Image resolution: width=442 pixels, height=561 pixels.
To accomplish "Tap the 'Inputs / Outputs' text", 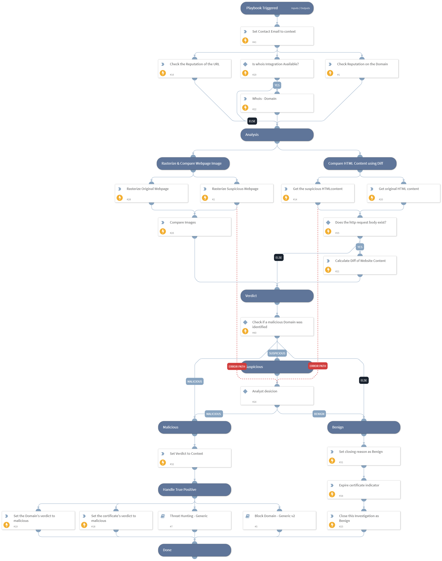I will click(x=300, y=8).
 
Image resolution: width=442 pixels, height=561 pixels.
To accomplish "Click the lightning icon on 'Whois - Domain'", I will click(x=245, y=107).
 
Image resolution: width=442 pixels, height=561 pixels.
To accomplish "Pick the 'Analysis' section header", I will click(x=277, y=135).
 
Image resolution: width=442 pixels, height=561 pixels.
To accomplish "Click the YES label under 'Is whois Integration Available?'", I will click(x=277, y=85).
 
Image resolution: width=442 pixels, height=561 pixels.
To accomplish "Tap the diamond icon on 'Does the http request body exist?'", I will click(x=328, y=222).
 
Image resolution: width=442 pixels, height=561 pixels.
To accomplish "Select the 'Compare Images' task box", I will click(x=195, y=227).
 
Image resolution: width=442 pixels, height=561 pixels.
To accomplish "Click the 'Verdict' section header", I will click(x=277, y=296).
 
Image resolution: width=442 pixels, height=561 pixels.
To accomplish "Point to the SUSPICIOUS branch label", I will click(x=277, y=353).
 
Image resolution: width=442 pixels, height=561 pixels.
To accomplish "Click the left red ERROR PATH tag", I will click(x=236, y=366).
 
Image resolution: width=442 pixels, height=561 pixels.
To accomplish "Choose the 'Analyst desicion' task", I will click(x=277, y=396).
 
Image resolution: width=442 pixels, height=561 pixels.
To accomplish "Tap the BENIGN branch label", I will click(x=319, y=414).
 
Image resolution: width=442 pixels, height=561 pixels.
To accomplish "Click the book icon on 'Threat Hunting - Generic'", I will click(x=163, y=516).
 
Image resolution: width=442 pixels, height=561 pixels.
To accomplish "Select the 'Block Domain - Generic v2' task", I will click(x=279, y=520).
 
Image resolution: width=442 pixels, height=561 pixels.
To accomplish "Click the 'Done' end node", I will click(x=195, y=550).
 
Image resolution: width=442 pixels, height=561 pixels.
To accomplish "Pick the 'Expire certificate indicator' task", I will click(x=364, y=490).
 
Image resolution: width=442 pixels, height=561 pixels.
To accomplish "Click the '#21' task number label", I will click(x=337, y=271).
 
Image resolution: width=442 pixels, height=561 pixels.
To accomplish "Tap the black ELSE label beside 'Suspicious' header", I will click(x=364, y=380).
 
